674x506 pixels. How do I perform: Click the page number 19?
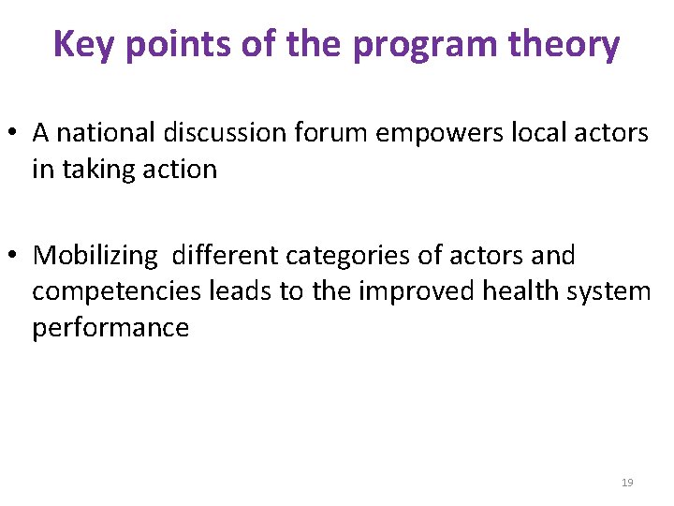point(627,483)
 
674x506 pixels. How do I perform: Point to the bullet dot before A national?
point(18,134)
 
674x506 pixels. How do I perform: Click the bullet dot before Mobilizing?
point(18,256)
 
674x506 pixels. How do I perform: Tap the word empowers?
point(440,133)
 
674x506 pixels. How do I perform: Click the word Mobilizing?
point(95,255)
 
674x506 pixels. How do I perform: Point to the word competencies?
point(117,291)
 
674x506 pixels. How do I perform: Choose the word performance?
point(110,328)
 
